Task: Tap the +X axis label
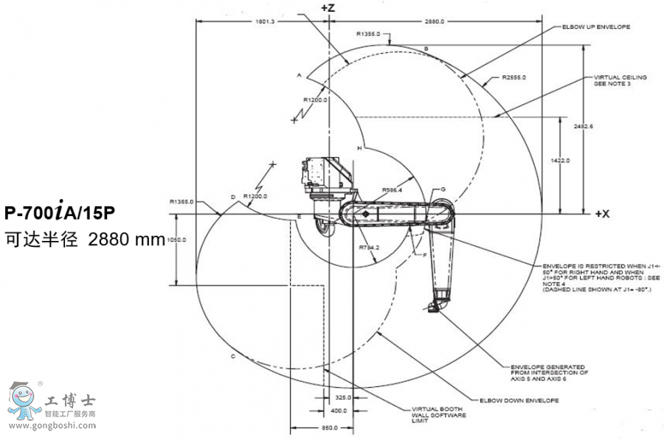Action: [x=602, y=214]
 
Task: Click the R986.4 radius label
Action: [x=392, y=189]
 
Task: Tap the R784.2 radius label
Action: [x=369, y=247]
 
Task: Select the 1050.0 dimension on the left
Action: [x=176, y=240]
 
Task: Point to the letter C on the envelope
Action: [x=232, y=356]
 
